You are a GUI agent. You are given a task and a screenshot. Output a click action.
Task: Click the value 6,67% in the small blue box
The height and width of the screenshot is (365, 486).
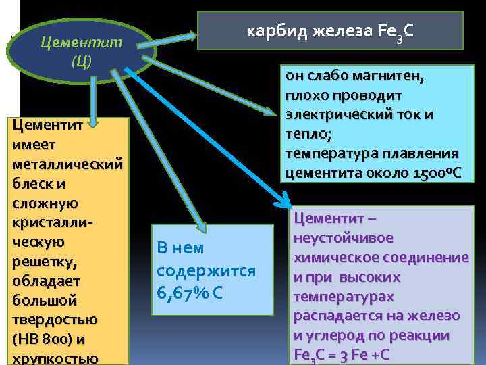pyautogui.click(x=181, y=293)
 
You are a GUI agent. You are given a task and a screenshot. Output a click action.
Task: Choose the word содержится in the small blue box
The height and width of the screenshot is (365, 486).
pyautogui.click(x=206, y=270)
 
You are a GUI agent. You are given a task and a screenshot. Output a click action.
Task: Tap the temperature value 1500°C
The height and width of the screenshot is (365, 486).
pyautogui.click(x=435, y=173)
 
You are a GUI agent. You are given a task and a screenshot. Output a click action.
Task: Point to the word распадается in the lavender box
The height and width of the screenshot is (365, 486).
pyautogui.click(x=335, y=316)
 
